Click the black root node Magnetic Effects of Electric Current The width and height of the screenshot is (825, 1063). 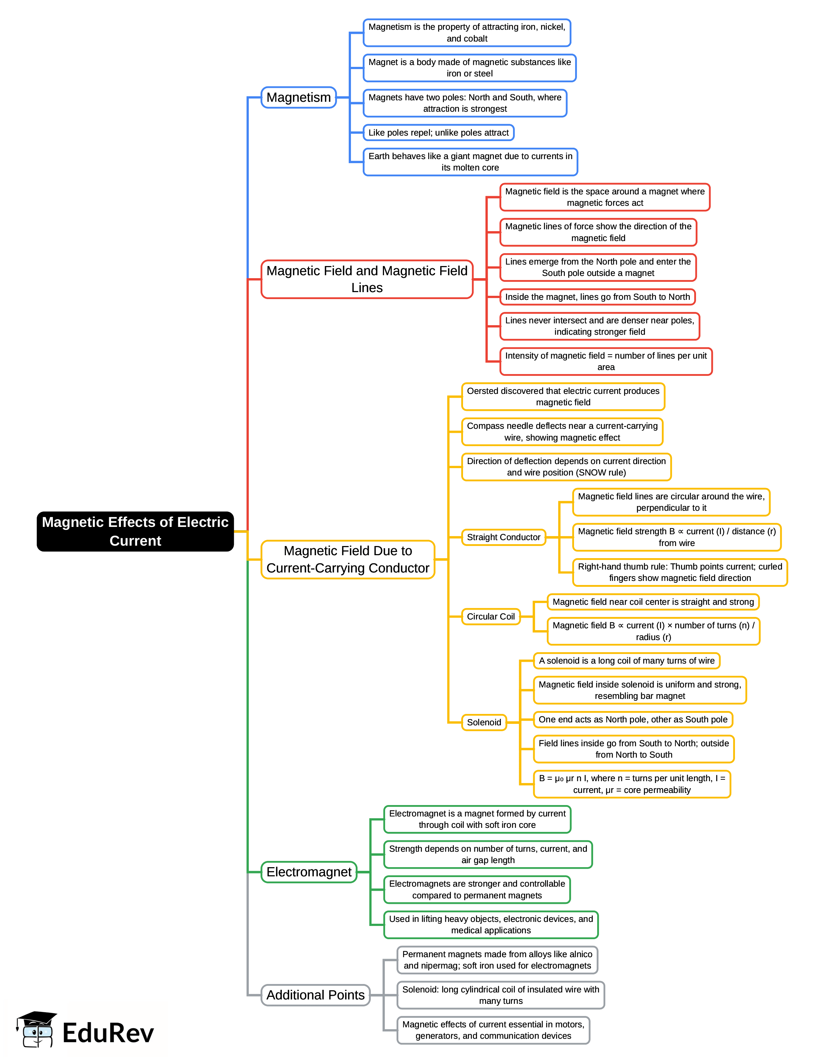[x=135, y=531]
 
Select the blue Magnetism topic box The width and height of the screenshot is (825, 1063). [x=298, y=97]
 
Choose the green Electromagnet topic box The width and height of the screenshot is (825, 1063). [x=309, y=872]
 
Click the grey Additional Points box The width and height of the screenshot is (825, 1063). [x=315, y=995]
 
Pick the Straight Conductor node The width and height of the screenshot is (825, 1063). [x=503, y=537]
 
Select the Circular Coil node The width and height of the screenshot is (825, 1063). [x=491, y=617]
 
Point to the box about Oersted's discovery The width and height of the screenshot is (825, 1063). [x=563, y=397]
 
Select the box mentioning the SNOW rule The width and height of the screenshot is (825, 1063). [x=566, y=467]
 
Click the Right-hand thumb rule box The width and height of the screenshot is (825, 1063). [x=679, y=572]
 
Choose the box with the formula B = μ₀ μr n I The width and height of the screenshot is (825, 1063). [x=632, y=784]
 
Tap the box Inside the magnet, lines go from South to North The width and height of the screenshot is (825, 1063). [x=597, y=297]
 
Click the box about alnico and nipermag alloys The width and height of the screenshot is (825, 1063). [x=497, y=960]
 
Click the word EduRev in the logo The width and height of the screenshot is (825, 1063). [x=108, y=1033]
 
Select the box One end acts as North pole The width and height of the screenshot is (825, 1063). [x=633, y=719]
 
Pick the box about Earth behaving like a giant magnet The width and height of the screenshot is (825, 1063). [x=470, y=162]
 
